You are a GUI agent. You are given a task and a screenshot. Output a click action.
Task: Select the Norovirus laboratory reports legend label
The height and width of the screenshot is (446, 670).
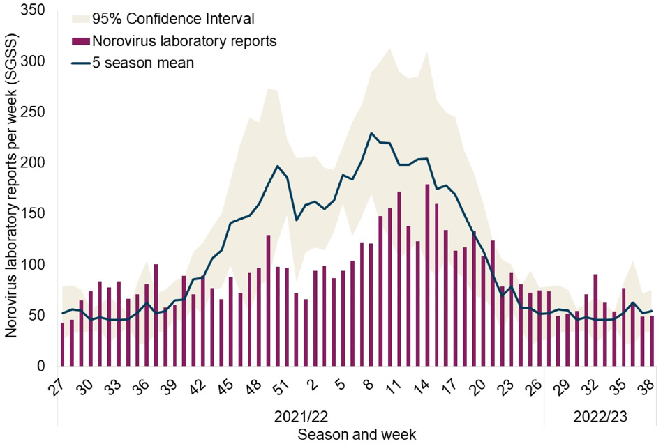point(185,41)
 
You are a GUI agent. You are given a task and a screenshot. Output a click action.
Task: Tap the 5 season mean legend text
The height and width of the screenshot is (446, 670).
point(143,63)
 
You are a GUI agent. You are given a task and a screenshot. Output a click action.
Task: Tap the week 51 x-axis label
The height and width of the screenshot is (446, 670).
point(278,386)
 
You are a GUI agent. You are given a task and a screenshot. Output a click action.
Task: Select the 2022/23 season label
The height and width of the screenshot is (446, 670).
point(600,418)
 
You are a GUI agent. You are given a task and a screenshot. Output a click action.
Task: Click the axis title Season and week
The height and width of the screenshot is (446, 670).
point(357,435)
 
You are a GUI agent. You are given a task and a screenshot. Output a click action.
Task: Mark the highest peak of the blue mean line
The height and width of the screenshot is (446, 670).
point(372,133)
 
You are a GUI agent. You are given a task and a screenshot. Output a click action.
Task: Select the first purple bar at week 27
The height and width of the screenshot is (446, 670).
point(62,344)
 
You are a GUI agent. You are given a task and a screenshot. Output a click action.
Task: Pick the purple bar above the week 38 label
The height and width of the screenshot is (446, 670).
point(652,341)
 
